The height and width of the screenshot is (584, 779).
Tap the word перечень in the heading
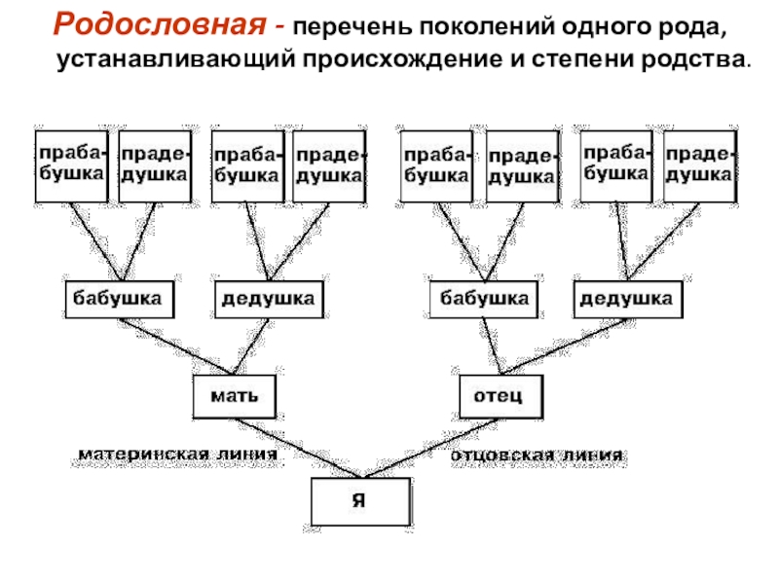click(x=352, y=27)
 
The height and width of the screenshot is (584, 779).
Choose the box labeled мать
click(x=235, y=396)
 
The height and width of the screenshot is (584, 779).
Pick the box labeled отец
click(x=501, y=396)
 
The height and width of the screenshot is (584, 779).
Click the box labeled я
click(x=361, y=501)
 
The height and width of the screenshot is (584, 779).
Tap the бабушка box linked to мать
click(x=120, y=299)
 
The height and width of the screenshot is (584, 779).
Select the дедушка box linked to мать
click(x=269, y=299)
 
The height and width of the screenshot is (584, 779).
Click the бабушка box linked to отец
click(x=483, y=299)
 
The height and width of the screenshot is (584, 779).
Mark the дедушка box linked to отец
click(x=628, y=299)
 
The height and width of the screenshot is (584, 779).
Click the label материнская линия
click(x=178, y=454)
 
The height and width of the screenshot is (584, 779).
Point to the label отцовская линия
click(x=537, y=455)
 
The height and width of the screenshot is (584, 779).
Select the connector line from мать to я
click(x=299, y=448)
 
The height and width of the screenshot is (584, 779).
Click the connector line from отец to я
click(x=431, y=448)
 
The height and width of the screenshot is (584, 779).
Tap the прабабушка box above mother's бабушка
click(x=71, y=166)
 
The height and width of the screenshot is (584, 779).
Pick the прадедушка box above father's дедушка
click(x=700, y=166)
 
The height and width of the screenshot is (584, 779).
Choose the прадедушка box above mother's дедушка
click(x=329, y=166)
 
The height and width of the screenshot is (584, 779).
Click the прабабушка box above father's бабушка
click(x=436, y=166)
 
